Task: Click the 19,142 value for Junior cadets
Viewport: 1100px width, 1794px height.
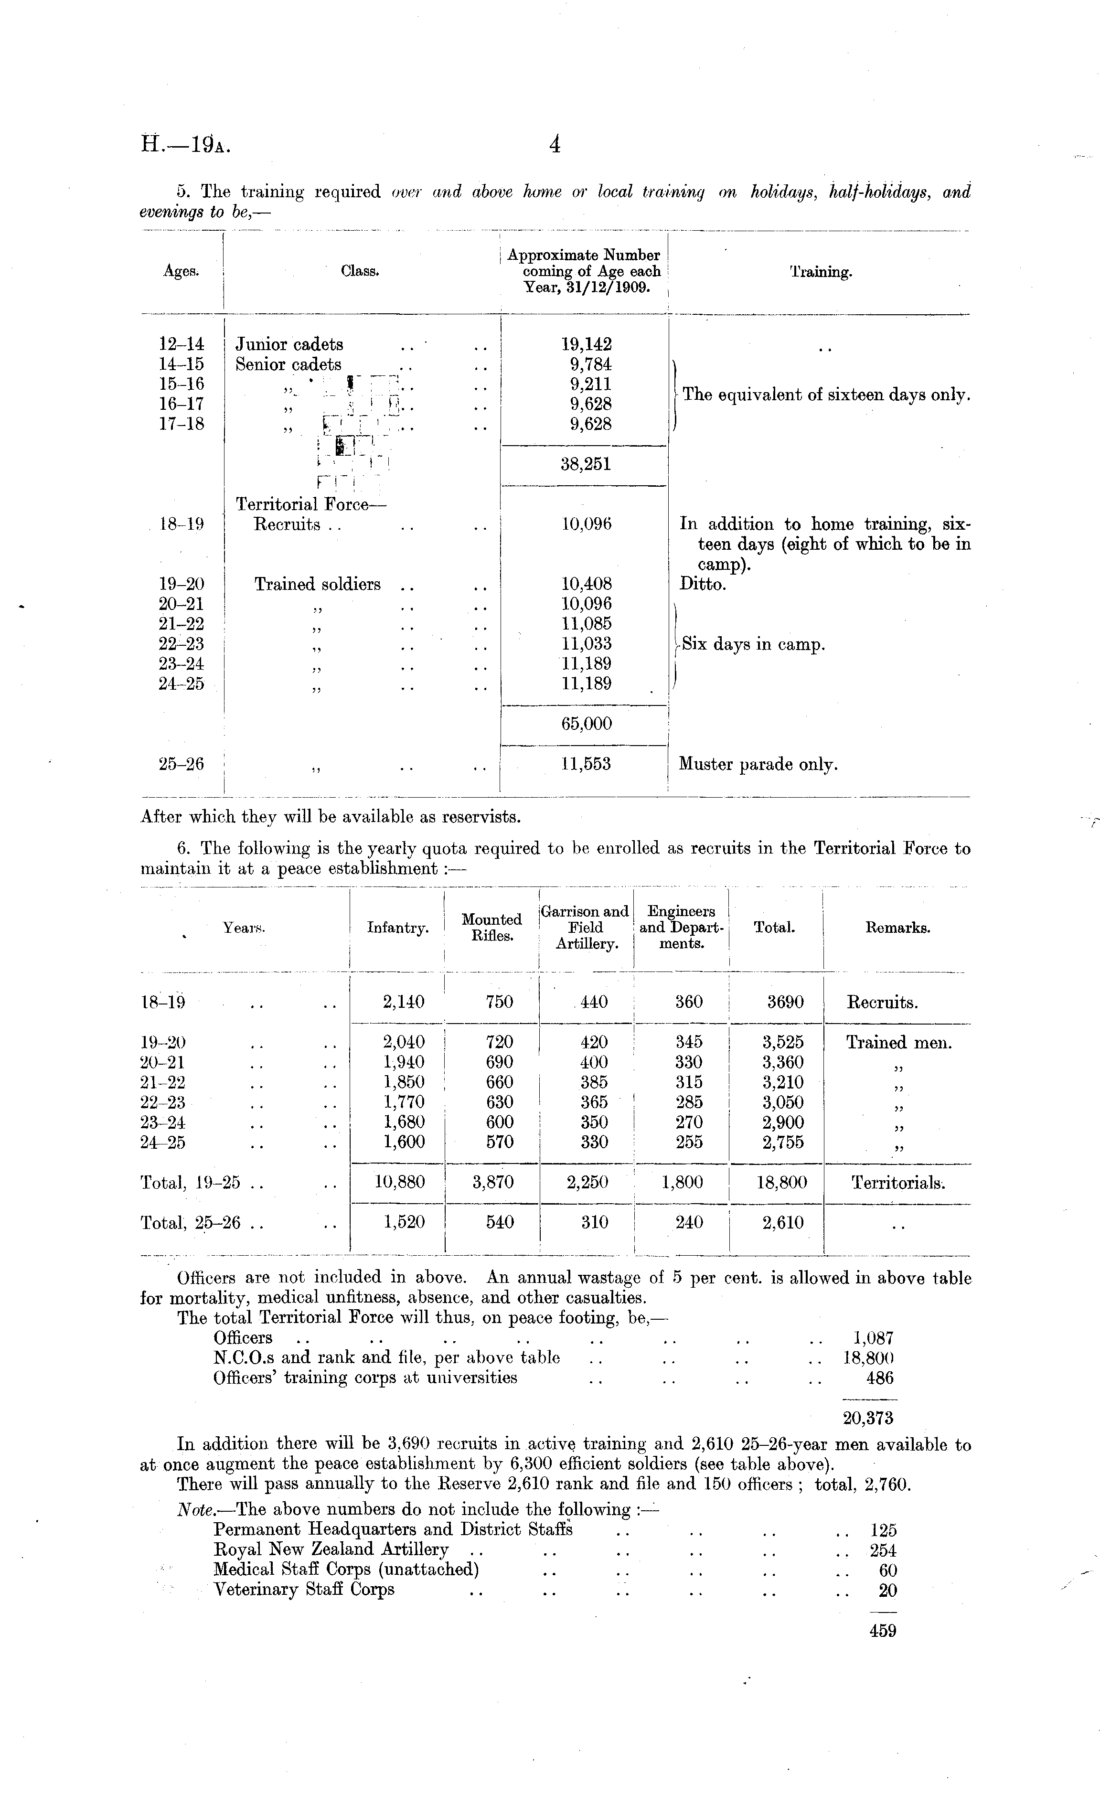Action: (586, 344)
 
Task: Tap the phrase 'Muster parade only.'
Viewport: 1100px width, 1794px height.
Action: (758, 765)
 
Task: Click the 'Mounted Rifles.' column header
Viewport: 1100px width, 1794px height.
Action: (491, 928)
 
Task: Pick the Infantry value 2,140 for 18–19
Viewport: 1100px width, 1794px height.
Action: (403, 1002)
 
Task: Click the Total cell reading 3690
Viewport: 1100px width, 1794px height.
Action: (785, 1002)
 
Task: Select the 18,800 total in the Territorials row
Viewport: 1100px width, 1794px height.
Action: (782, 1183)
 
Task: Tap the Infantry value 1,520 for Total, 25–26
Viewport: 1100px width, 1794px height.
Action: (403, 1222)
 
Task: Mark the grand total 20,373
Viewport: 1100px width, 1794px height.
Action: (868, 1418)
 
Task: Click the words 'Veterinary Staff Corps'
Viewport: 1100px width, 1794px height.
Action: (304, 1590)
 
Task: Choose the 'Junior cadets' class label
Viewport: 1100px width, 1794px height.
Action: (289, 344)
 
